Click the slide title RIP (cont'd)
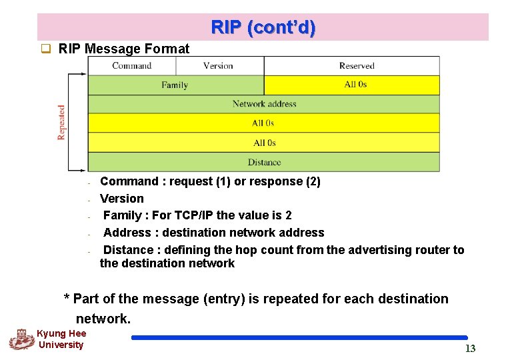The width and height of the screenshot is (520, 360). click(x=263, y=28)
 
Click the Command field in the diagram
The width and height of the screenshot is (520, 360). click(x=132, y=66)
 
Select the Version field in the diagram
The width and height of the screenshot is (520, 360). click(x=218, y=66)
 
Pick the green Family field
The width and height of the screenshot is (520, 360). click(x=175, y=85)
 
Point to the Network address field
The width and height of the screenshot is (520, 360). click(x=264, y=104)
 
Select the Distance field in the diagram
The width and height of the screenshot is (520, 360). click(x=264, y=162)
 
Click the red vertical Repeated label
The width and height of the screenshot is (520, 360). click(x=62, y=122)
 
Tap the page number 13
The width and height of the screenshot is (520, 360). click(x=470, y=349)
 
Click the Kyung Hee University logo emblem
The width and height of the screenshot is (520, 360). click(x=21, y=339)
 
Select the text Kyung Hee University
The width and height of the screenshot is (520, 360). click(x=61, y=339)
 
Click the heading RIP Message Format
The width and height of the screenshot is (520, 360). click(x=124, y=49)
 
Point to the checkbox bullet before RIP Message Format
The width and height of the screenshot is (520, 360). click(x=46, y=49)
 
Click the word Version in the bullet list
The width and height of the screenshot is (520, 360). click(x=122, y=198)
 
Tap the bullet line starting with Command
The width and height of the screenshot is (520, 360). click(x=210, y=181)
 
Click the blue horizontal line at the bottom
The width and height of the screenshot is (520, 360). click(x=299, y=337)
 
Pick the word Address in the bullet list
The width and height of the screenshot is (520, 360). click(x=127, y=233)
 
